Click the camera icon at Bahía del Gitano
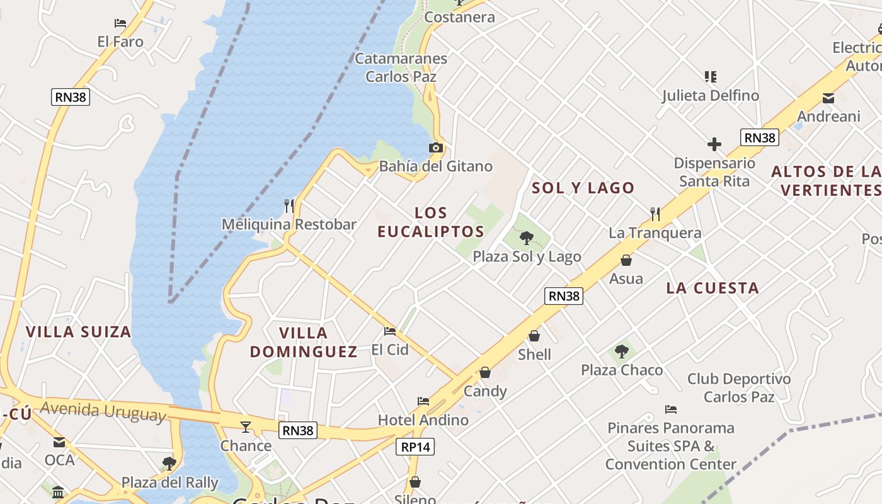coord(435,148)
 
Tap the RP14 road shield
coord(416,447)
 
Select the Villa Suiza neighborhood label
coord(79,331)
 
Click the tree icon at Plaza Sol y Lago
coord(527,238)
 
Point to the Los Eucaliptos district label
coord(431,222)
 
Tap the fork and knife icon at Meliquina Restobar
coord(289,206)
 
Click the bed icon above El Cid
coord(390,331)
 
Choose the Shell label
coord(534,355)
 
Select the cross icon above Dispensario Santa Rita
coord(714,145)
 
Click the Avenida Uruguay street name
coord(103,411)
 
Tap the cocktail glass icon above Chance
coord(246,427)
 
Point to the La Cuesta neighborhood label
coord(713,288)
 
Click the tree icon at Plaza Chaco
coord(622,352)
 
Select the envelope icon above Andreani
coord(828,98)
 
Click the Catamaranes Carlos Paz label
coord(401,67)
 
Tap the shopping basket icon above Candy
coord(485,373)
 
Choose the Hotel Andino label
coord(423,420)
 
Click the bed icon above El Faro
coord(120,23)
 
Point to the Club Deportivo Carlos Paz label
coord(739,387)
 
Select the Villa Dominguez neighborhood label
coord(304,341)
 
